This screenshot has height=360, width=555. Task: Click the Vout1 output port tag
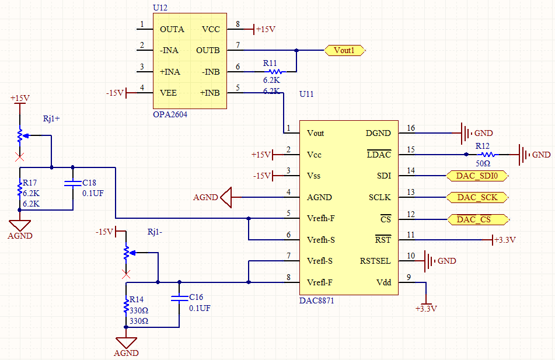click(345, 51)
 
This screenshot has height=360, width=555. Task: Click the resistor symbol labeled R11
click(273, 72)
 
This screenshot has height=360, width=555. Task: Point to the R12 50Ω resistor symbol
click(487, 155)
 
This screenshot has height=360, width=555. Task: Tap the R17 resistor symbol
click(19, 190)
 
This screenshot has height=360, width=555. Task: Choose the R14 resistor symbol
click(125, 305)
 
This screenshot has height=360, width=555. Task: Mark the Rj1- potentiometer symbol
click(125, 252)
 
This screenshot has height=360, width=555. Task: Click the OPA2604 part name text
click(170, 114)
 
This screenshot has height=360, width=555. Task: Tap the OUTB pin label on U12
click(208, 51)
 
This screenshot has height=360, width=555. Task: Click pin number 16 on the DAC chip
click(411, 128)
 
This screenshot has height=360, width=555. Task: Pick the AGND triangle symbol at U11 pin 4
click(226, 197)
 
